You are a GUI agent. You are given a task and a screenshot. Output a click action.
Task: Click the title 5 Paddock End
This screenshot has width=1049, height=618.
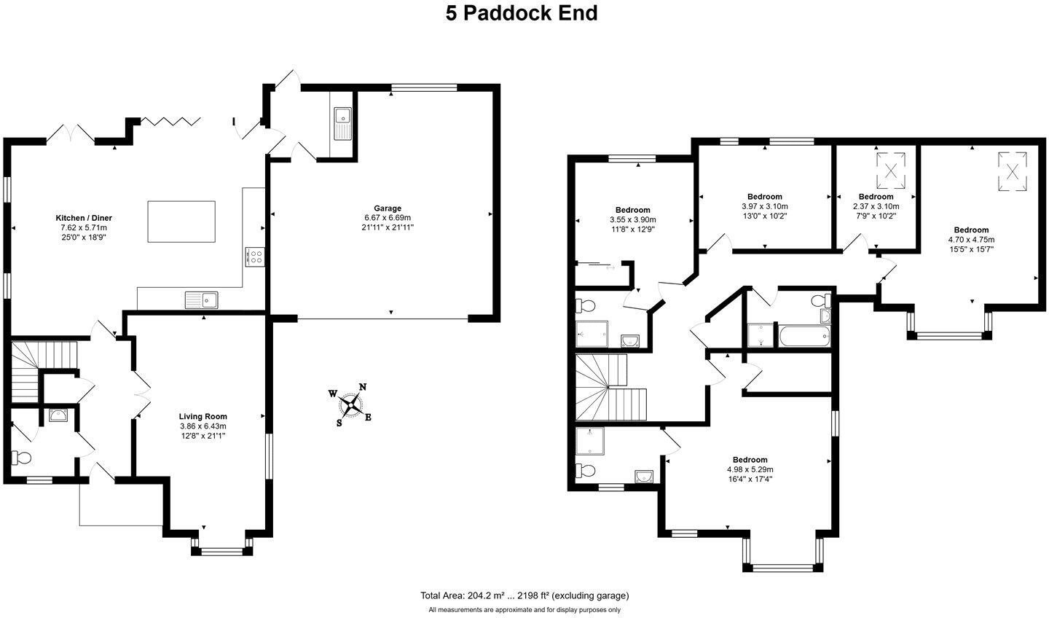522,13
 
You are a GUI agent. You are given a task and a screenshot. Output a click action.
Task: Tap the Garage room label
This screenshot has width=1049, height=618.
388,208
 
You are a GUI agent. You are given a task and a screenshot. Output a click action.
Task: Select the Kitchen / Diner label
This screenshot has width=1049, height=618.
84,218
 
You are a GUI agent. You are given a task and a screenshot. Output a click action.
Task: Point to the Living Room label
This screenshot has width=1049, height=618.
203,416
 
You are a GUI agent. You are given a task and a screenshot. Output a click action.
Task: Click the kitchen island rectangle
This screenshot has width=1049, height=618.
181,222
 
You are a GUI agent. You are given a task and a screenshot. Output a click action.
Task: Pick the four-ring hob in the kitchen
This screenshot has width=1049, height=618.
255,257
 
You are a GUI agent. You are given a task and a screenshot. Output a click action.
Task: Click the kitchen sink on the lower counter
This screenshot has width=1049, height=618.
201,300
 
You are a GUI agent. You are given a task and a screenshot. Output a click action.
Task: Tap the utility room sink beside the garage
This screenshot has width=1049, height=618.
343,123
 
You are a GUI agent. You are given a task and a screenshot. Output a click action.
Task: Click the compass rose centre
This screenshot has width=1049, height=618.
350,404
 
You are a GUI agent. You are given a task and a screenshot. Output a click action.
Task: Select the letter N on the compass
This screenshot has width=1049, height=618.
363,387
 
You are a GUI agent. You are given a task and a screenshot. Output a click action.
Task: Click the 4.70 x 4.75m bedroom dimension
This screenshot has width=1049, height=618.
971,240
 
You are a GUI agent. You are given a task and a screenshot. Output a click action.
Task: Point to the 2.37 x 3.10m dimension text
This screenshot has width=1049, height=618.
876,206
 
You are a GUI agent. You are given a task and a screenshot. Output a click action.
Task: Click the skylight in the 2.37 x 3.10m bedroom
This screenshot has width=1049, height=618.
891,171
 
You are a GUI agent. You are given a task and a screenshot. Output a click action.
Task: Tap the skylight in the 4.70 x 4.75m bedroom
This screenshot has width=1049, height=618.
1012,171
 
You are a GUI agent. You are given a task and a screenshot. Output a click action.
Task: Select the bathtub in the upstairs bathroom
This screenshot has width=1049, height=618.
804,336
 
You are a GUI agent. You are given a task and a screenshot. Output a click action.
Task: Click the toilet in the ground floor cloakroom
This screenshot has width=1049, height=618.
20,457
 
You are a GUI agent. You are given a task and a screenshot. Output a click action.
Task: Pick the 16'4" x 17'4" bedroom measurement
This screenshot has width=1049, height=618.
750,480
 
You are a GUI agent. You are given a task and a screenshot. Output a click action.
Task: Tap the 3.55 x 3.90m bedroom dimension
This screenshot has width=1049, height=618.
632,220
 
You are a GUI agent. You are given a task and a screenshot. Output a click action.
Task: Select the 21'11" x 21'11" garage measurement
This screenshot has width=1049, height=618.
388,227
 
